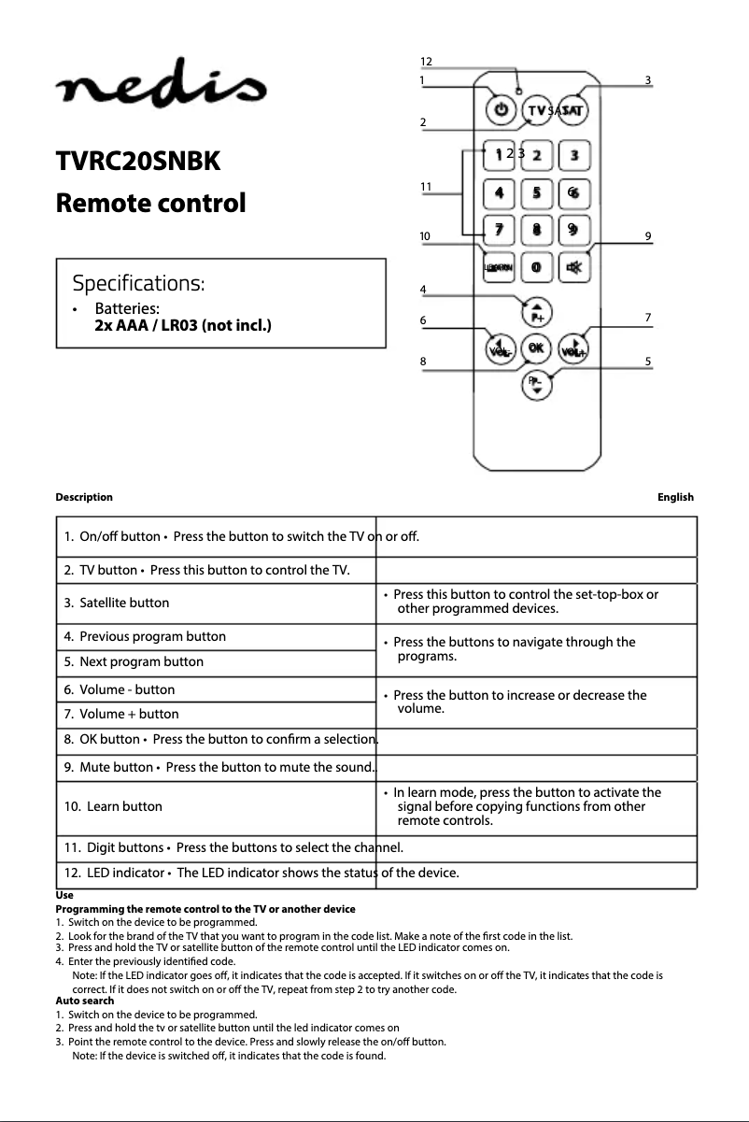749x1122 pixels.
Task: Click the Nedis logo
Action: point(162,91)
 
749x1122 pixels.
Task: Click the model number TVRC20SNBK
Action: point(138,162)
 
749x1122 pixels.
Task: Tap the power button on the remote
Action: point(502,110)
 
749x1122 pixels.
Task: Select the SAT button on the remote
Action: point(572,110)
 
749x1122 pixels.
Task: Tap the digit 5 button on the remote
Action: point(537,192)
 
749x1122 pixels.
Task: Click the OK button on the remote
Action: point(536,348)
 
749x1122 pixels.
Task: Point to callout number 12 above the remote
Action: point(426,62)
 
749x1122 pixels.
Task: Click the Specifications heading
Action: point(139,282)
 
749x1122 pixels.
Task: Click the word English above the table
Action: point(675,497)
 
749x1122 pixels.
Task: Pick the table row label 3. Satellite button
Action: point(117,604)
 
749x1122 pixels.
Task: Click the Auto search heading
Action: point(85,1001)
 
